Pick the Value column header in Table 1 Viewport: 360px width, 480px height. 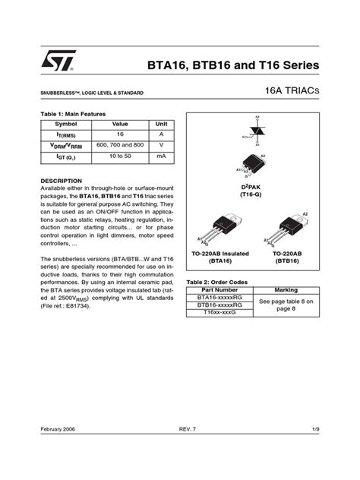click(120, 123)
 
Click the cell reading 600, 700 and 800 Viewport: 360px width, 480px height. click(120, 144)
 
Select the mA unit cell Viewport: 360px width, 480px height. click(161, 156)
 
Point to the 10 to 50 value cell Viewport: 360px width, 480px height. click(120, 156)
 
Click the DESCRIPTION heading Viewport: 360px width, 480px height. click(60, 181)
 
